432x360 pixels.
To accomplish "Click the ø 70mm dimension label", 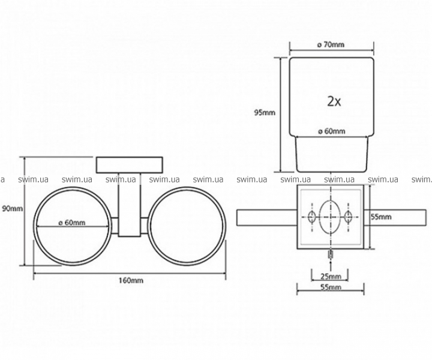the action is point(331,44).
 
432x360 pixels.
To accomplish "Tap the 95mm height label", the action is point(265,113).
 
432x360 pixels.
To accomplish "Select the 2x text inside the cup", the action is point(334,102).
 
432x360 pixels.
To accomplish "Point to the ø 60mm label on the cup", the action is point(331,131).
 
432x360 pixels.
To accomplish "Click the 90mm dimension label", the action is point(13,209).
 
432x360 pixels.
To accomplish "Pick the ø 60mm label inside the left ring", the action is point(72,223).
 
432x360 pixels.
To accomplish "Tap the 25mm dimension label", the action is point(331,276).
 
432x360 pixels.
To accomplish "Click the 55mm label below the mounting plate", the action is point(331,287).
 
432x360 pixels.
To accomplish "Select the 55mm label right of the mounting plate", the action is point(381,217).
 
